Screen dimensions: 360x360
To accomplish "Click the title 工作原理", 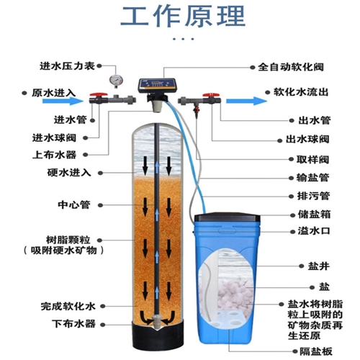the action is (x=183, y=17).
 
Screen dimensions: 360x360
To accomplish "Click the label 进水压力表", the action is (x=67, y=66).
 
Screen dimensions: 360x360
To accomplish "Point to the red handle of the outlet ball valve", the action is (x=211, y=95).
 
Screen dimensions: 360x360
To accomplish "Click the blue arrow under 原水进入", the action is (x=63, y=101).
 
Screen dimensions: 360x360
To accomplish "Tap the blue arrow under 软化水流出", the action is (x=246, y=101).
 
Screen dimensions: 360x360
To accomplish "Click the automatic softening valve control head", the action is (x=157, y=85).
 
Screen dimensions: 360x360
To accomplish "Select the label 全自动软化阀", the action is (x=291, y=67).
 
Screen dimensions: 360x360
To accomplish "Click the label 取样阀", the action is (x=313, y=159).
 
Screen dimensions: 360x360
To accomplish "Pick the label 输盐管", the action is (x=313, y=178).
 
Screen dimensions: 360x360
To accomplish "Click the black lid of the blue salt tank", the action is (x=227, y=217).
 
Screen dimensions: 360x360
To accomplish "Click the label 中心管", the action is (x=74, y=204).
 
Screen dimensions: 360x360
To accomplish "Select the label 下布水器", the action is (x=74, y=324).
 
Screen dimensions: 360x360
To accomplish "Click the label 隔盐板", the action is (x=316, y=351).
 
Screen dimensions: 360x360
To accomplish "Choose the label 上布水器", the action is (x=55, y=155).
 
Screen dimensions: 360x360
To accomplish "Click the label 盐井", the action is (x=319, y=266).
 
